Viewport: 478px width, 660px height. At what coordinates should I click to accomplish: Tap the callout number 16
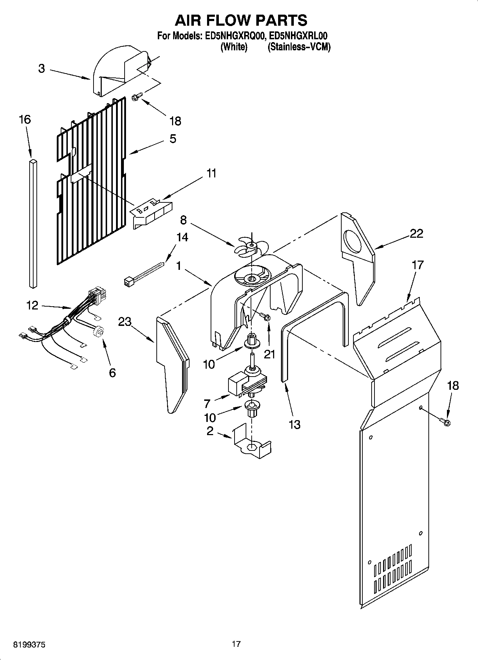click(25, 119)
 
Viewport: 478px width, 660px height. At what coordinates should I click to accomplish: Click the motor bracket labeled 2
click(251, 444)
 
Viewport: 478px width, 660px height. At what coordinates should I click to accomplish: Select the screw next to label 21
click(265, 316)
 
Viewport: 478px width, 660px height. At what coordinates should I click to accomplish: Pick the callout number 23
click(125, 322)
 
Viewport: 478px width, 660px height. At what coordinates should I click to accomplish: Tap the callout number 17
click(418, 265)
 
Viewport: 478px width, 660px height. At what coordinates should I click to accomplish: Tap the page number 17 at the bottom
click(236, 644)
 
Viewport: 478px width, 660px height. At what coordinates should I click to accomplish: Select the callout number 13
click(295, 424)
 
